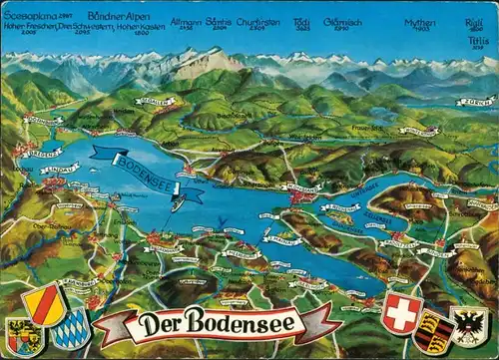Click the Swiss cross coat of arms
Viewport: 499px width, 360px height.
click(402, 312)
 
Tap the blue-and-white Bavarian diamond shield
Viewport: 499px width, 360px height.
click(71, 330)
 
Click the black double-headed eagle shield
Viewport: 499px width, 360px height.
click(469, 326)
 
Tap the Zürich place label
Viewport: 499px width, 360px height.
click(475, 101)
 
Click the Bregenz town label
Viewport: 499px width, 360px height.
click(40, 153)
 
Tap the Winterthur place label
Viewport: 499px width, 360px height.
click(418, 131)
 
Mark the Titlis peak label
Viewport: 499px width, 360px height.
click(477, 43)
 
